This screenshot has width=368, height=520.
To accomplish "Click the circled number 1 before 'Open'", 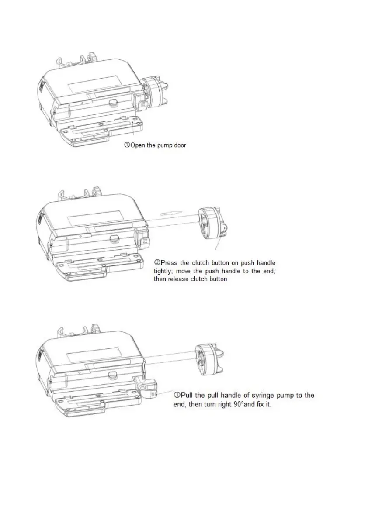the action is coord(127,145).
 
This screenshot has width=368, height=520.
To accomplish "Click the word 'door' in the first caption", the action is coord(180,145).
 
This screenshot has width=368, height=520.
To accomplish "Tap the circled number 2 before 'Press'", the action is coord(157,263).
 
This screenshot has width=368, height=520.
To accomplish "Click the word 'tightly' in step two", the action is coord(163,271).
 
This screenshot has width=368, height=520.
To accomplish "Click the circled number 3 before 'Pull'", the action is coord(177,395).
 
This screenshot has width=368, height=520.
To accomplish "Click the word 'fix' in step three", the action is coord(261,404).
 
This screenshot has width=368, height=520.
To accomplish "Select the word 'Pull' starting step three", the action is coord(186,395).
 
